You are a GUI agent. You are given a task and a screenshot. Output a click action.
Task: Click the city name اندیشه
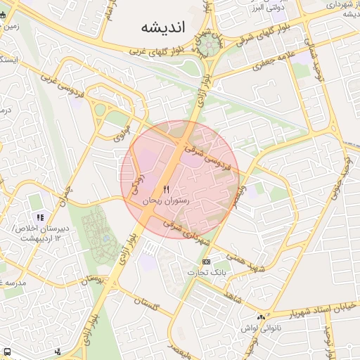[162, 27]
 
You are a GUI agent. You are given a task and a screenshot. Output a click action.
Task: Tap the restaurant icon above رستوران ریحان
[167, 189]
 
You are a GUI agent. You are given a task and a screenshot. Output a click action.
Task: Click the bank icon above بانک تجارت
[206, 262]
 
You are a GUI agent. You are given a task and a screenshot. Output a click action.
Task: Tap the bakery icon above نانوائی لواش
[262, 317]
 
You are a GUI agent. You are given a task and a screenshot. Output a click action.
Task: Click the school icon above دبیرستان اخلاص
[41, 218]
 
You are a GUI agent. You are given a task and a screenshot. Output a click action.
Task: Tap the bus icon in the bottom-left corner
[6, 351]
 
